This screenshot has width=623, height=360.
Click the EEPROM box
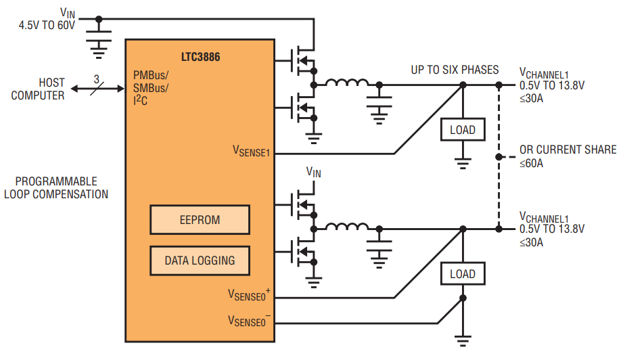pos(200,220)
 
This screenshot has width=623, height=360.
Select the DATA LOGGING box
pos(200,261)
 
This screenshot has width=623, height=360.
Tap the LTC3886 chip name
pos(201,57)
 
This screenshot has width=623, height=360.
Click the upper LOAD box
pos(463,129)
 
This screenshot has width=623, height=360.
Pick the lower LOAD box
pos(463,274)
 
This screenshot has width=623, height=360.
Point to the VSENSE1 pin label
pos(251,151)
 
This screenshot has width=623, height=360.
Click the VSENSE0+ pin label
pos(249,294)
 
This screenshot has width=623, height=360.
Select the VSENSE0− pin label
pos(249,320)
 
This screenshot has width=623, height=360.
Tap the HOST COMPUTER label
pos(38,89)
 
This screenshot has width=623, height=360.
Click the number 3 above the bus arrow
pos(97,79)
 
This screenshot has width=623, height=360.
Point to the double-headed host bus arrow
pos(97,89)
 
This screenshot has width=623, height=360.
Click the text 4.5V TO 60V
pos(47,26)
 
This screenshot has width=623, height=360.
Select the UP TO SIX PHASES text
pos(455,70)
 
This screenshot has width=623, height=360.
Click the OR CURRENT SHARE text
pos(568,150)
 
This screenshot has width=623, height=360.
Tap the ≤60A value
pos(531,163)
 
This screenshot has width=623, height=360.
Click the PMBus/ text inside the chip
pos(151,75)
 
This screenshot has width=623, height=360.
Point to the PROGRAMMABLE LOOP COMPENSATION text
pos(56,188)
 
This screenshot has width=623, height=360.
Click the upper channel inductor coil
pos(347,83)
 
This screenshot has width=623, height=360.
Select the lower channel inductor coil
pos(347,227)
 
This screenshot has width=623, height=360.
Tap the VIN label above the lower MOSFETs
pos(313,172)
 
